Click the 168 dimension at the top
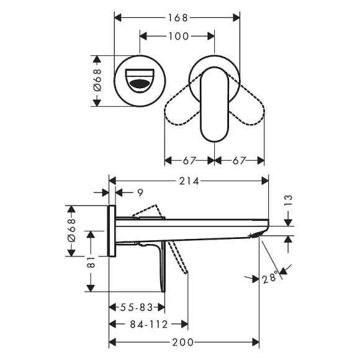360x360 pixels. pos(177,18)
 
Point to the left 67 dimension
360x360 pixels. pos(189,161)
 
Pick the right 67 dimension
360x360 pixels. pos(239,161)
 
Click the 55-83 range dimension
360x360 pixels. pos(137,307)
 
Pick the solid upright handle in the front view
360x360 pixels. pos(214,106)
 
